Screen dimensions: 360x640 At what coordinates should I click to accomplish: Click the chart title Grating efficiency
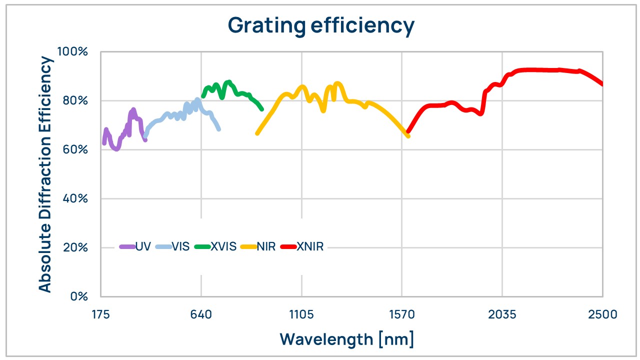coord(320,25)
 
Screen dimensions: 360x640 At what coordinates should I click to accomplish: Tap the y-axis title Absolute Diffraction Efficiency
coord(45,174)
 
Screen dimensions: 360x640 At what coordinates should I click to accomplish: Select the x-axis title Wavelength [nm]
coord(346,339)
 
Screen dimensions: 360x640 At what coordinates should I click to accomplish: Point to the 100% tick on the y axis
coord(72,52)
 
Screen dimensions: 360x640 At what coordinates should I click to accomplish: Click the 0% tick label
coord(78,296)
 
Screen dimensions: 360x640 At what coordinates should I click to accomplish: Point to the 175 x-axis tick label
coord(100,314)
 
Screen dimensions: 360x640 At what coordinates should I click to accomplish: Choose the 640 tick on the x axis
coord(201,314)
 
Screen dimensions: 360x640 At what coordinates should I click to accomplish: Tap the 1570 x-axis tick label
coord(401,314)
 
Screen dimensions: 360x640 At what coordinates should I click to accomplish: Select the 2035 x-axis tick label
coord(502,314)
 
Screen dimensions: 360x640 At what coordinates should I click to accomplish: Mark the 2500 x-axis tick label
coord(602,314)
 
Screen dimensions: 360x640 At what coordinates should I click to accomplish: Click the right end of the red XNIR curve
coord(602,83)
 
